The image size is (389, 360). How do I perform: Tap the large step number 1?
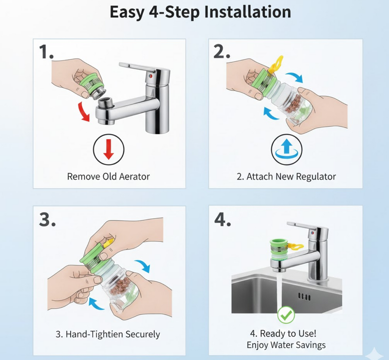(x=46, y=52)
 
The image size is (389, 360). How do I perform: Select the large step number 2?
(x=222, y=52)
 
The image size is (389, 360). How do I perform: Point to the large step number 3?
(x=47, y=219)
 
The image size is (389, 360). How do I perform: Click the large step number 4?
(x=223, y=219)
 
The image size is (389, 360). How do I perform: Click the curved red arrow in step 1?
(x=84, y=112)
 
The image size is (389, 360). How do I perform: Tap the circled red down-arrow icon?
(x=108, y=150)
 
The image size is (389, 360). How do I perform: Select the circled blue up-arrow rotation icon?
(x=286, y=150)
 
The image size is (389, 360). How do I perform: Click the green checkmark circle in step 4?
(x=286, y=315)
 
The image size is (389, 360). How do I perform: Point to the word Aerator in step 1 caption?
(x=134, y=177)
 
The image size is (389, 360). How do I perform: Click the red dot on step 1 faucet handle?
(x=150, y=76)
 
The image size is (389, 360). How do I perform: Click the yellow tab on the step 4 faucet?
(x=296, y=247)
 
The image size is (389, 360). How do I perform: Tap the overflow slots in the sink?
(x=304, y=296)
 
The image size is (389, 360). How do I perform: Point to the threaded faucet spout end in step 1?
(x=106, y=103)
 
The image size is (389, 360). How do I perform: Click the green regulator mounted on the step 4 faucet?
(x=279, y=249)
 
